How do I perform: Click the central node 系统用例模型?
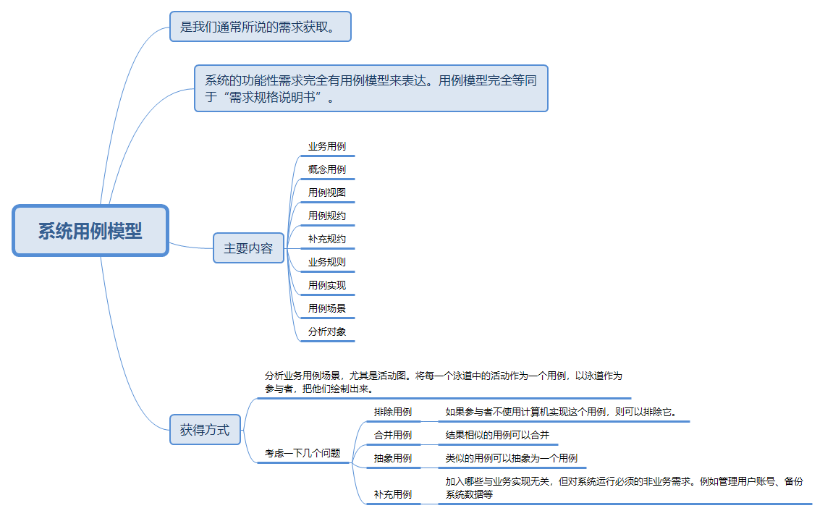(90, 231)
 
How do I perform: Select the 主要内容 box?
(248, 248)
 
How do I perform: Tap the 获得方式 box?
(204, 430)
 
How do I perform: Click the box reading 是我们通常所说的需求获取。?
(260, 28)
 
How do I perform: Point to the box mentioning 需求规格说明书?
(371, 88)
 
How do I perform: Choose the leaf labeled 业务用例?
(327, 146)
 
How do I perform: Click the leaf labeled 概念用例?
(327, 169)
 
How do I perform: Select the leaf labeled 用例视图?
(327, 193)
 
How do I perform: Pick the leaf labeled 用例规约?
(327, 216)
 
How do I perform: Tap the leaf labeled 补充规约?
(327, 239)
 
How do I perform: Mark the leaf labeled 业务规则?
(327, 262)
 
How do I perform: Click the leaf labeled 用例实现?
(327, 285)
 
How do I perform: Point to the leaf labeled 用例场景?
(327, 308)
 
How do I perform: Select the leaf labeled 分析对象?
(327, 331)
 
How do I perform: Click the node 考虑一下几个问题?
(302, 453)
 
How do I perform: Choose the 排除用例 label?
(393, 412)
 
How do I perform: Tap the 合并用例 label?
(393, 435)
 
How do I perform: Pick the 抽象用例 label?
(393, 458)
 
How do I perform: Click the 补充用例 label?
(393, 494)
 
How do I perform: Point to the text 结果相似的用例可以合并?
(497, 435)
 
